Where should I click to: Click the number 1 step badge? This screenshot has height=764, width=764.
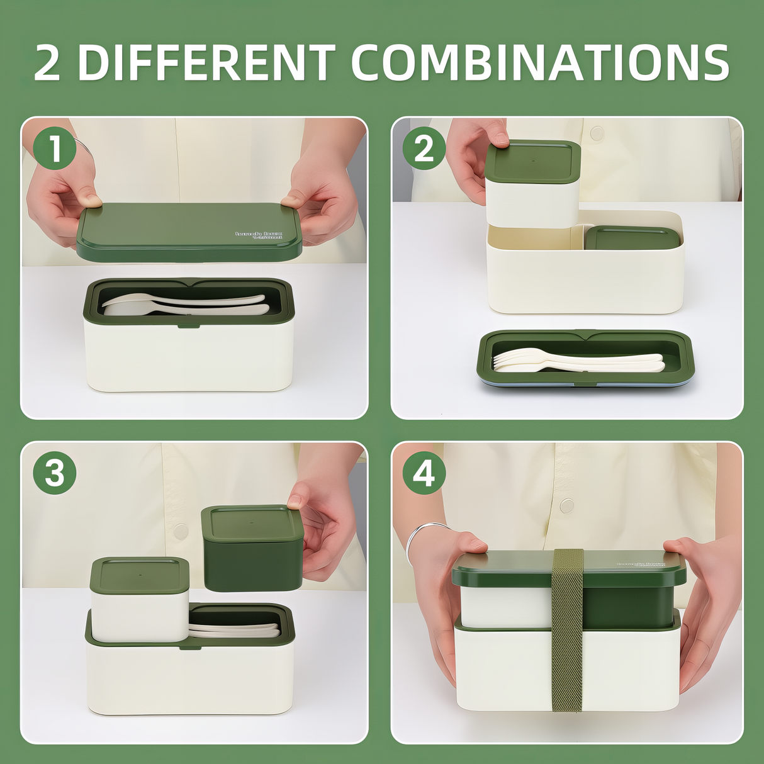55,148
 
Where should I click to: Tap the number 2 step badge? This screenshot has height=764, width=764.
424,148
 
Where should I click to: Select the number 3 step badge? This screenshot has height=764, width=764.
55,473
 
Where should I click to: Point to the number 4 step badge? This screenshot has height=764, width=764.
424,473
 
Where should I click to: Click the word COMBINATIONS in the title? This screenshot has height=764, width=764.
540,62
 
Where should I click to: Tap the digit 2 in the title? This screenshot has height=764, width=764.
47,62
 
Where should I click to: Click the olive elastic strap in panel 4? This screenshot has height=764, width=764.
567,629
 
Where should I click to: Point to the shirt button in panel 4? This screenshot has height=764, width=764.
566,505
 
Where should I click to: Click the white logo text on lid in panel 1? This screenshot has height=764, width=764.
259,235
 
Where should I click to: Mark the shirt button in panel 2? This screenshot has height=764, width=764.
597,133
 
